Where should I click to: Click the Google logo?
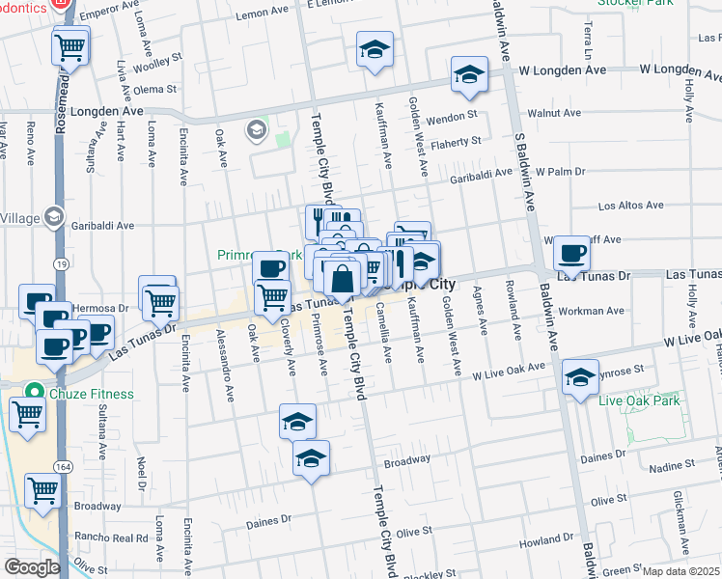32,567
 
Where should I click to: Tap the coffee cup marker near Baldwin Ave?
572,255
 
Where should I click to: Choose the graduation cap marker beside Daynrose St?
580,377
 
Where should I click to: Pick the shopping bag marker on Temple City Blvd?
343,279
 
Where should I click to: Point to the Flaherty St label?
456,142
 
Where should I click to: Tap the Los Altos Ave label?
630,206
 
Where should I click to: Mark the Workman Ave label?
598,311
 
